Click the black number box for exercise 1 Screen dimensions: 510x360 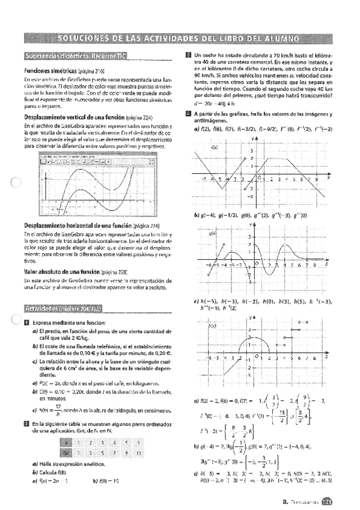coord(26,322)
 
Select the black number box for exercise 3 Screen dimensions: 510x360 coord(188,55)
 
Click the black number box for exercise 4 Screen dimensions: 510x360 coord(188,113)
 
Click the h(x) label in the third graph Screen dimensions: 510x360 coord(214,327)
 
